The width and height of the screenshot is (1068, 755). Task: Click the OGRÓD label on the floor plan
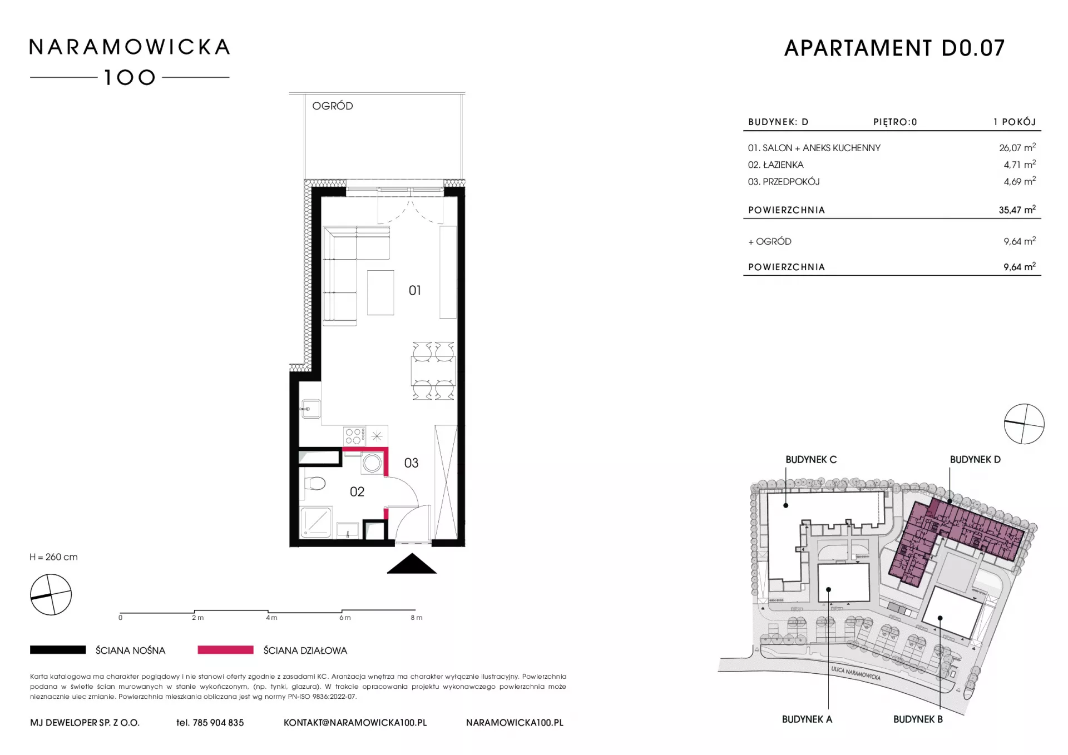point(333,106)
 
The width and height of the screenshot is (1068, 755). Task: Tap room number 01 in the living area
point(415,290)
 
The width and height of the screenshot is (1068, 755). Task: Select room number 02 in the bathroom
point(357,491)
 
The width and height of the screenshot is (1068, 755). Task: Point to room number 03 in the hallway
point(411,463)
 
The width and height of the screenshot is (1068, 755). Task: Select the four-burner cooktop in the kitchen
point(354,436)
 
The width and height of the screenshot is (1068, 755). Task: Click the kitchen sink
point(310,409)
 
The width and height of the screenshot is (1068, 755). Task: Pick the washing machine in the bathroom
point(372,463)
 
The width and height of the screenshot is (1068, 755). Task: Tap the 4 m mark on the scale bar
point(271,618)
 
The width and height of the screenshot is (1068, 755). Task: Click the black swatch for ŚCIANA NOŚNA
point(58,650)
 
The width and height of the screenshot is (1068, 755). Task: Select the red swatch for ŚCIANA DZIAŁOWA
point(225,650)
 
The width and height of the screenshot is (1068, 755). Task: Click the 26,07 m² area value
point(1017,147)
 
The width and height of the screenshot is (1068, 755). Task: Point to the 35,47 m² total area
point(1017,210)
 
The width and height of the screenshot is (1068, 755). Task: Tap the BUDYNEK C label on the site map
point(811,460)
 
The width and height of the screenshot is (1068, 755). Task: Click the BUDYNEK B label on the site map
point(918,719)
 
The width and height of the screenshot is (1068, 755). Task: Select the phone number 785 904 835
point(218,723)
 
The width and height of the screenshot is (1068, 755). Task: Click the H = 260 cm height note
point(54,557)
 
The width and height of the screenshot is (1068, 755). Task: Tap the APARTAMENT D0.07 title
point(894,48)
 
